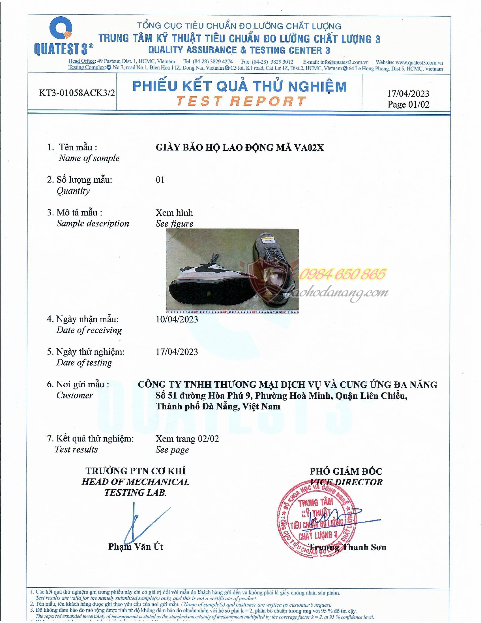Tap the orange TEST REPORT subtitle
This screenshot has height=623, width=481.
[x=241, y=101]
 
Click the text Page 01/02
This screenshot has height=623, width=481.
[x=408, y=104]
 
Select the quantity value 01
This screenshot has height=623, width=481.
[x=160, y=180]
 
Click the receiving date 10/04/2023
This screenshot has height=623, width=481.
[x=177, y=319]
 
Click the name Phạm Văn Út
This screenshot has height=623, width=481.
[x=136, y=547]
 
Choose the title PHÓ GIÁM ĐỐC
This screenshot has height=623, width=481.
[x=346, y=472]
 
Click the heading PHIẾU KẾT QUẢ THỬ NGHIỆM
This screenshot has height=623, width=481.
[x=239, y=86]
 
